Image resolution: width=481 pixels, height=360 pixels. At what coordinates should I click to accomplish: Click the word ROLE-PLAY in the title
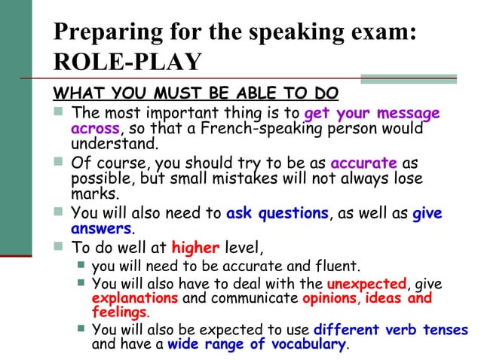[127, 62]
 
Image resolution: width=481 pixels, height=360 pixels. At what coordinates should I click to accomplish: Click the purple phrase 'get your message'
[372, 114]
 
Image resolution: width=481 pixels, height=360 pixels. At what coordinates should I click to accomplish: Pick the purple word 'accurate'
[363, 162]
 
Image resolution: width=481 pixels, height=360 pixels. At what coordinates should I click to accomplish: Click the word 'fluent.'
[335, 265]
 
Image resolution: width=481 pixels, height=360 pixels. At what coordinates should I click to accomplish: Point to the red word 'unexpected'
[366, 283]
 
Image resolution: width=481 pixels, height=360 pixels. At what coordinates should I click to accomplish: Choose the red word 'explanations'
[135, 297]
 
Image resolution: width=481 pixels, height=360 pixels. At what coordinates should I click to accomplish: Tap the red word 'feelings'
[119, 312]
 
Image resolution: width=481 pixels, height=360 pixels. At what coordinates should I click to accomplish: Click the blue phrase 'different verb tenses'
[391, 330]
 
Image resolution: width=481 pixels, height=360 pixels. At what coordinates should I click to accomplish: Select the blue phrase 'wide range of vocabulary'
[256, 344]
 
